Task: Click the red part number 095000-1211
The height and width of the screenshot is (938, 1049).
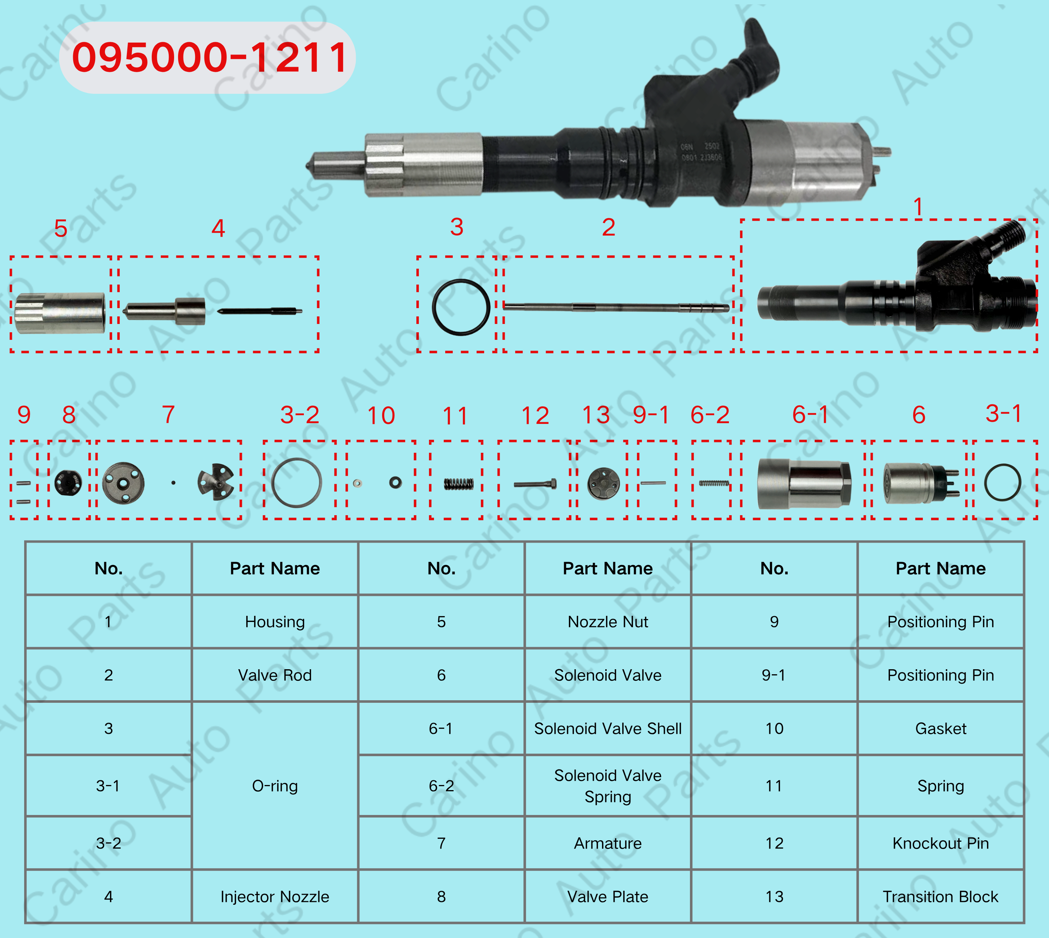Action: (x=209, y=57)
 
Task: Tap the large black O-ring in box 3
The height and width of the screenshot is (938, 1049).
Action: (x=434, y=307)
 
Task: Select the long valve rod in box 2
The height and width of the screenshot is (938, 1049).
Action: (x=616, y=308)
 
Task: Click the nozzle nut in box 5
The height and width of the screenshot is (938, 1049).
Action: (x=60, y=313)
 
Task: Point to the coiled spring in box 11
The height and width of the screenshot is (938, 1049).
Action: (x=458, y=483)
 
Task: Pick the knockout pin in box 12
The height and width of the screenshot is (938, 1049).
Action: (x=535, y=484)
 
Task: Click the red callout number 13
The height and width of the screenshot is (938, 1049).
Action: (x=596, y=415)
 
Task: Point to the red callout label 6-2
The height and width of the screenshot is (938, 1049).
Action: (x=710, y=415)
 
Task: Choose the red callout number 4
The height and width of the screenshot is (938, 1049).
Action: (x=218, y=228)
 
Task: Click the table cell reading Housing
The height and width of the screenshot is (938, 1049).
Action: (x=275, y=622)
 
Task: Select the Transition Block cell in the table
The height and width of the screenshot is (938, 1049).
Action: (x=940, y=897)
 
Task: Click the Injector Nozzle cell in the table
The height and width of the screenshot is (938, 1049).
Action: (x=275, y=897)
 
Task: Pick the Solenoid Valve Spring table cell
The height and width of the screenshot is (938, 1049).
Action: (x=608, y=786)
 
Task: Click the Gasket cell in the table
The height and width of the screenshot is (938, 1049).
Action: (x=940, y=728)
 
